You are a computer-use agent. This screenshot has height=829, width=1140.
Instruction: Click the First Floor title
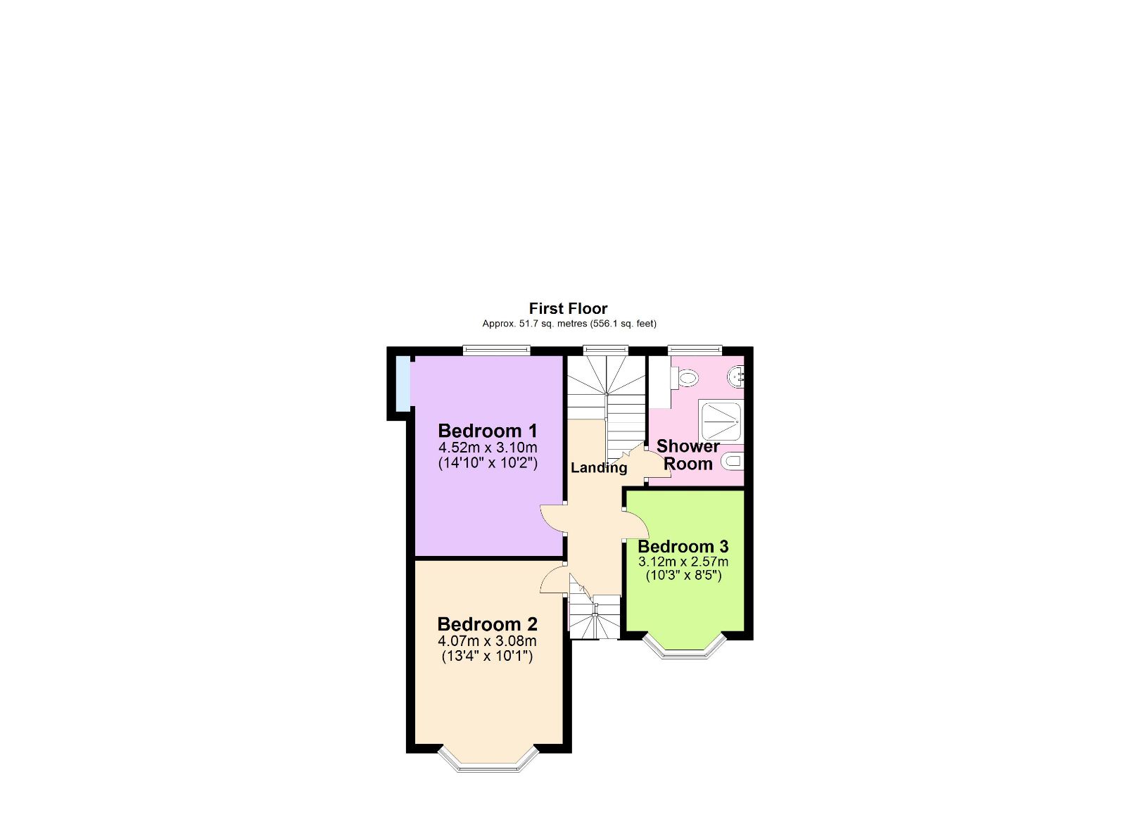pos(568,308)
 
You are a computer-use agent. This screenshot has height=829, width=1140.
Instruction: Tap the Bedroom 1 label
pos(487,431)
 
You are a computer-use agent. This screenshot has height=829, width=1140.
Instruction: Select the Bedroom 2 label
pos(487,624)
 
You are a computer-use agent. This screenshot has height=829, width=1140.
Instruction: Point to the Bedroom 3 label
pos(683,547)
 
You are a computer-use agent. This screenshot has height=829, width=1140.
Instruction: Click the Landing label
pos(598,468)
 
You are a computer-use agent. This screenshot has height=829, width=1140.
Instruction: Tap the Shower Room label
pos(688,455)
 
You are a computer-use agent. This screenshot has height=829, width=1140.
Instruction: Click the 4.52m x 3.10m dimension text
pos(487,448)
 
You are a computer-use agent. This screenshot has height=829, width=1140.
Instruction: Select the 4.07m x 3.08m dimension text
pos(487,641)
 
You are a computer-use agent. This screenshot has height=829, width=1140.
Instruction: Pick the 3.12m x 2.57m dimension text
pos(683,562)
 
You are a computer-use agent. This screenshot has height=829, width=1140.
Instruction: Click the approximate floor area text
pos(569,324)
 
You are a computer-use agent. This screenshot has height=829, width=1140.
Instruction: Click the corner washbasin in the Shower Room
pos(736,376)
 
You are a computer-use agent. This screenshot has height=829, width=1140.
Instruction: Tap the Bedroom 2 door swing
pos(554,581)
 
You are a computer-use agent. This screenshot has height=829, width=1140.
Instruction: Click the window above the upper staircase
pos(605,349)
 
